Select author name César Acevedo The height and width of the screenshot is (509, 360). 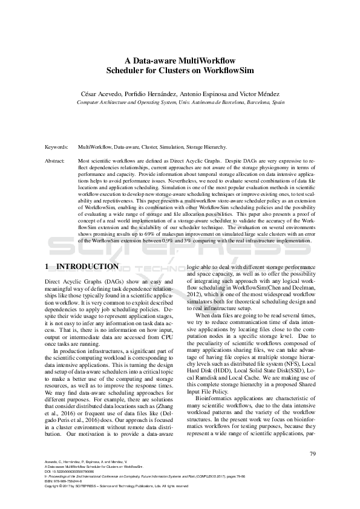103,94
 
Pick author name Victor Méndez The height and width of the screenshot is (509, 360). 258,94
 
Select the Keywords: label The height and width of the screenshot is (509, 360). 56,147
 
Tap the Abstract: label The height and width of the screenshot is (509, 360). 56,161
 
